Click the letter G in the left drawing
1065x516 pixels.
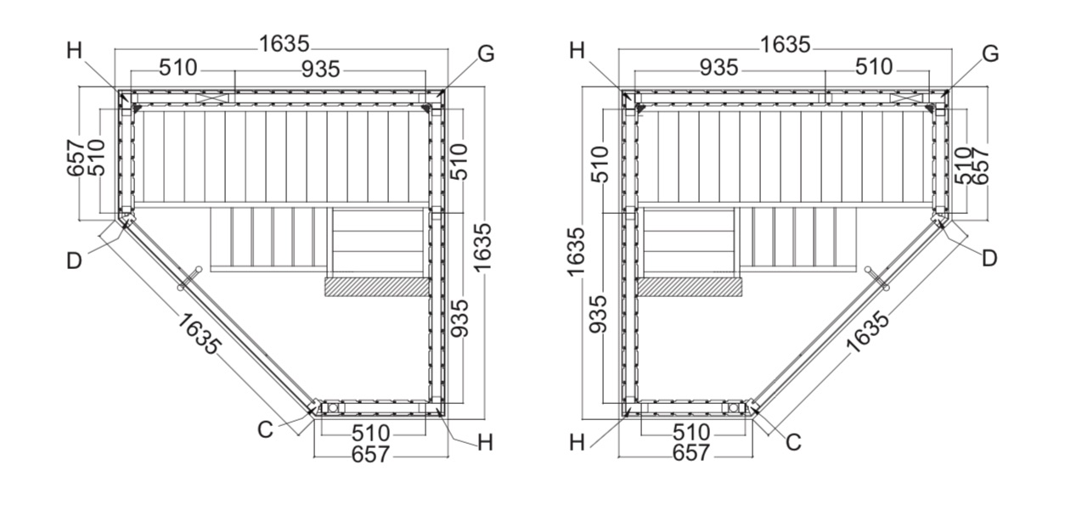pos(486,54)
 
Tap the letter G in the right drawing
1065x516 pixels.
pos(990,54)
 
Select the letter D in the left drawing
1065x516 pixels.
pos(74,261)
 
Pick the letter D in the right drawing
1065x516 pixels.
pos(989,259)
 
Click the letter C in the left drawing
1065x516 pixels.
pos(265,430)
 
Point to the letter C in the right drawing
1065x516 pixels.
pos(793,442)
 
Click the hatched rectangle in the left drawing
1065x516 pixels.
pos(377,288)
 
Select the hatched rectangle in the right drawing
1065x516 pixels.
pos(690,288)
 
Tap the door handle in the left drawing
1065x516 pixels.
pos(189,278)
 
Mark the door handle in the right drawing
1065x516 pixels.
pos(877,278)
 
